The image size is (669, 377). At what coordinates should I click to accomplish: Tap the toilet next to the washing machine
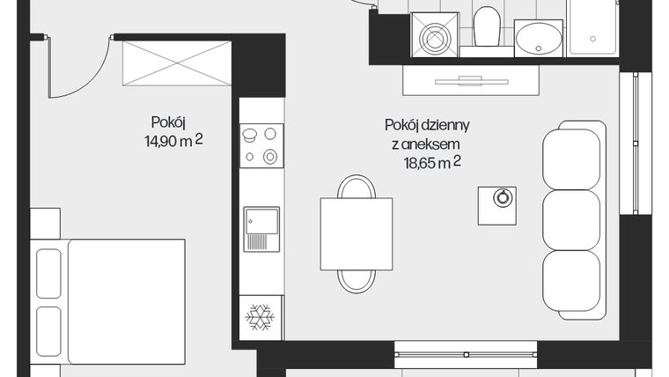pos(486,27)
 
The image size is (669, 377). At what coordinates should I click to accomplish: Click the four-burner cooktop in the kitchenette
pos(261,145)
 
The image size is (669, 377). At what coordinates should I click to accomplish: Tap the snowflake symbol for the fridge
pos(261,318)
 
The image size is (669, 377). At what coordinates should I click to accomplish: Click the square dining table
pos(357,233)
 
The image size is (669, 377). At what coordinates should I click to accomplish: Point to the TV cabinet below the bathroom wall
pos(471,81)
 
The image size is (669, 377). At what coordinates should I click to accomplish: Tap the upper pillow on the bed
pos(48,271)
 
